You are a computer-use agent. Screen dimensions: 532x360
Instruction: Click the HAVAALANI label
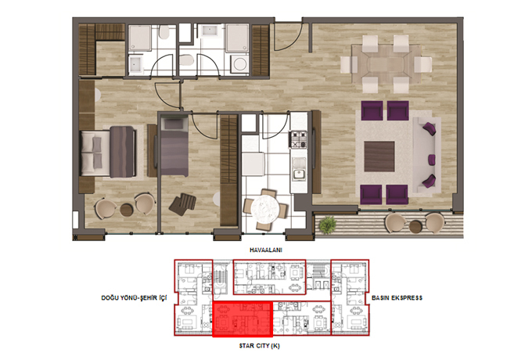266,250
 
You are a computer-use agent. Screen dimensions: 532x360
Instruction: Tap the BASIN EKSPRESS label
397,298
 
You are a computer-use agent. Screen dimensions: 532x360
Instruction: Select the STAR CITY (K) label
259,346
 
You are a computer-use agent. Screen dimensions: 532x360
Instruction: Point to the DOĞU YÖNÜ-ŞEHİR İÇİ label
134,298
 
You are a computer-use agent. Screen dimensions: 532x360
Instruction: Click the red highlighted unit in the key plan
243,319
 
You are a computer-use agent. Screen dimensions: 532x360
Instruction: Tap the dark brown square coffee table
379,157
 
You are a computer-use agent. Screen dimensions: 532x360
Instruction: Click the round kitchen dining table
264,207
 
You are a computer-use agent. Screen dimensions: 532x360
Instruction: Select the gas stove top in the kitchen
297,139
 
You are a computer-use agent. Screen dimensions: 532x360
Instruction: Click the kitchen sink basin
299,175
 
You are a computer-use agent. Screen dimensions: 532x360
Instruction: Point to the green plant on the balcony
327,225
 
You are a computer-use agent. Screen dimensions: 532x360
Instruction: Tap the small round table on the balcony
415,226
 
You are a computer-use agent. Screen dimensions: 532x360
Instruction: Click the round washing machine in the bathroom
240,64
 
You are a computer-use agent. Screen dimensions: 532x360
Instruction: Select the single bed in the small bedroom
174,146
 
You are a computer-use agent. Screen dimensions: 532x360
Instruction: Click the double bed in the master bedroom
109,152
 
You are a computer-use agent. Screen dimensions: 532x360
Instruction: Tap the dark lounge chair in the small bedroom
183,203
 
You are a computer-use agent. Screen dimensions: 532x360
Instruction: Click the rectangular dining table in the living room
386,64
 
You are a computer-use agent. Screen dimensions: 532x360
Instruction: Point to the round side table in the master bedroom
126,210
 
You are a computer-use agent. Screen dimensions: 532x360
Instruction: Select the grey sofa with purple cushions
426,155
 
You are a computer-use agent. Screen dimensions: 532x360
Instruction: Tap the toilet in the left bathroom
164,33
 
